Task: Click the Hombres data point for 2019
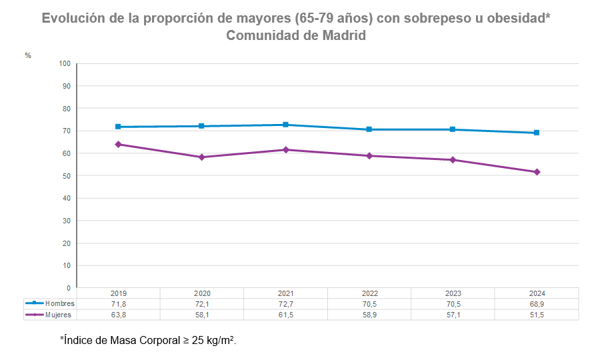[x=118, y=127]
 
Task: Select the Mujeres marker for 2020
[x=202, y=157]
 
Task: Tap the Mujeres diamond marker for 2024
[x=537, y=172]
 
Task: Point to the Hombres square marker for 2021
[x=285, y=125]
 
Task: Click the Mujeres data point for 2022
[x=369, y=156]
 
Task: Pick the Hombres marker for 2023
[x=453, y=129]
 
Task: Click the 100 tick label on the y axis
[x=64, y=64]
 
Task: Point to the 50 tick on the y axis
[x=66, y=176]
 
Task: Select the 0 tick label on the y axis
[x=68, y=288]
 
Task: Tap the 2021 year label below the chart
[x=285, y=294]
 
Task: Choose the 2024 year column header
[x=537, y=294]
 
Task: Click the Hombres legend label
[x=59, y=304]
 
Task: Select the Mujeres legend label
[x=59, y=315]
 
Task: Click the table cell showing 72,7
[x=285, y=304]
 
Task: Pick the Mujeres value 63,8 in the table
[x=118, y=315]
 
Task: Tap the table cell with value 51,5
[x=537, y=315]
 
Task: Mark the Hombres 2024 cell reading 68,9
[x=537, y=304]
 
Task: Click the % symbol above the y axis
[x=28, y=55]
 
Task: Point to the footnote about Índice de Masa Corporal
[x=148, y=340]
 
